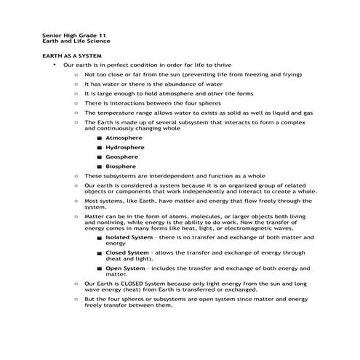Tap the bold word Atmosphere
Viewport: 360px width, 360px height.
coord(124,137)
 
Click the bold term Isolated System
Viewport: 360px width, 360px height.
coord(129,237)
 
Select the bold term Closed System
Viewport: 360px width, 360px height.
coord(127,252)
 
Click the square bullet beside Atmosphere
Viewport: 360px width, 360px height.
coord(99,137)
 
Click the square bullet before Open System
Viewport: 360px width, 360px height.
coord(99,268)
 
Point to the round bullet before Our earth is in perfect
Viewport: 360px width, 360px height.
coord(54,65)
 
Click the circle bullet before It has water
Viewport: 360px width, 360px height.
coord(76,84)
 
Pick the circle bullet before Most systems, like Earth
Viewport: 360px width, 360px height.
coord(76,200)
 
